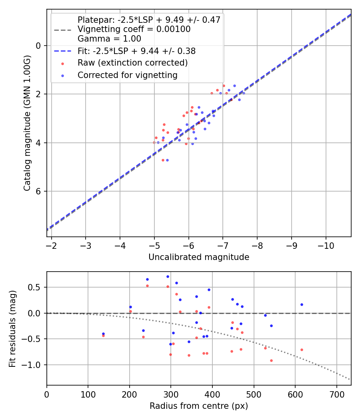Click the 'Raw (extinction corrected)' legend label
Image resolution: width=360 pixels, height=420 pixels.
(x=132, y=63)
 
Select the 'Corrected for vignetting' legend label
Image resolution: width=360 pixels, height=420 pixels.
(x=127, y=75)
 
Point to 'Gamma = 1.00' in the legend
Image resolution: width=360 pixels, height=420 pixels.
(x=109, y=39)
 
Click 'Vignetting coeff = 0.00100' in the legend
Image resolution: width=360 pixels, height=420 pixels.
(x=134, y=29)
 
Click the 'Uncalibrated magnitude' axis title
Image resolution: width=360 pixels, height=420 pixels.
(x=199, y=257)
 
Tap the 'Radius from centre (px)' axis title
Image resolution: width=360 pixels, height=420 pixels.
(x=199, y=406)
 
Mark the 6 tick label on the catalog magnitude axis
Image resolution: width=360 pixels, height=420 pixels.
(x=38, y=191)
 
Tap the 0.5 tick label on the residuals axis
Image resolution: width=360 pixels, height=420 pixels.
(x=36, y=287)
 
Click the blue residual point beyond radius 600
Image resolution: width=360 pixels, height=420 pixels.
(x=302, y=304)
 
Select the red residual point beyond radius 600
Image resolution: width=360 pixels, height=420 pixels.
(x=302, y=350)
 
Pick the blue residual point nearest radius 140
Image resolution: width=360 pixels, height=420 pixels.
(x=103, y=334)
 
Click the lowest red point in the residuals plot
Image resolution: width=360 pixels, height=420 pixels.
(x=271, y=360)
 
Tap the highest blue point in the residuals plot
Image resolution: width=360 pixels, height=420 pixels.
(x=168, y=276)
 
